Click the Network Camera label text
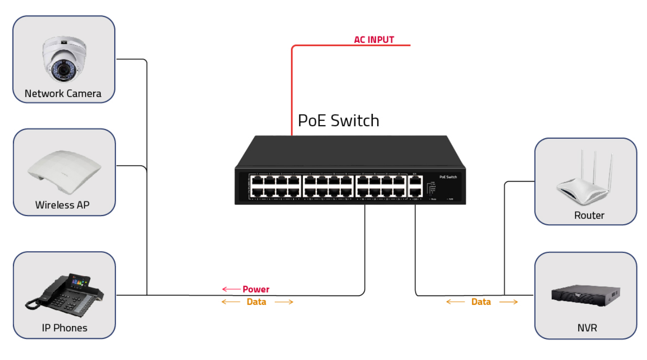coord(63,94)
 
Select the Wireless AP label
coord(62,205)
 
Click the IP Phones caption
coord(64,328)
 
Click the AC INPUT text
coord(374,40)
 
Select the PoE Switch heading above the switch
coord(338,120)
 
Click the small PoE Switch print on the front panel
coord(448,177)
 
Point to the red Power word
coord(256,289)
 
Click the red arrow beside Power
coord(231,289)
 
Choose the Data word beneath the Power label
coord(256,302)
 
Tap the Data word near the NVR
coord(481,302)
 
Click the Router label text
coord(589,216)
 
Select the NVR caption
coord(587,328)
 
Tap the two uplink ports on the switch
coord(415,186)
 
